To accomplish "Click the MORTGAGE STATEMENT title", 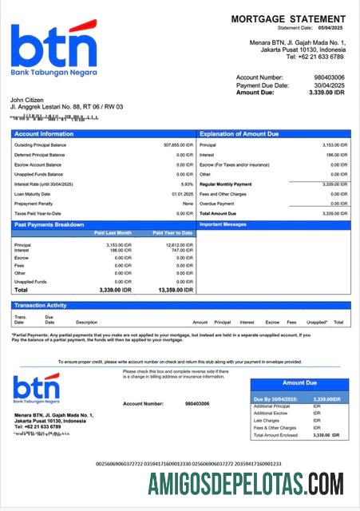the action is [x=287, y=18].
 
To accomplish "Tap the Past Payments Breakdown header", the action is [x=49, y=224].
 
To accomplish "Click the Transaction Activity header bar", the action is [x=42, y=305].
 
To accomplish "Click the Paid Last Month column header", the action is [x=112, y=233].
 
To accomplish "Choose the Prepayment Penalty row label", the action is [x=33, y=204].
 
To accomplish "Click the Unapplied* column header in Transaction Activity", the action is [x=316, y=322].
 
